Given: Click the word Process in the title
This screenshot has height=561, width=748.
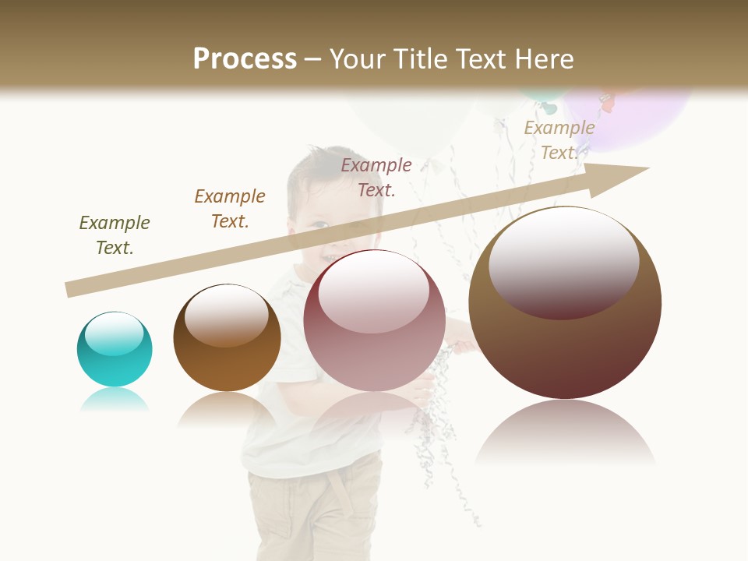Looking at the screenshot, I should (245, 59).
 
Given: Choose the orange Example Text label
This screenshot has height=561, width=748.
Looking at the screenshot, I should (230, 208).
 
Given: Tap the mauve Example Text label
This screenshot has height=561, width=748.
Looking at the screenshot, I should (376, 177).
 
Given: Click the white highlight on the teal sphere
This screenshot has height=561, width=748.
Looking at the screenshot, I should (114, 333).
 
